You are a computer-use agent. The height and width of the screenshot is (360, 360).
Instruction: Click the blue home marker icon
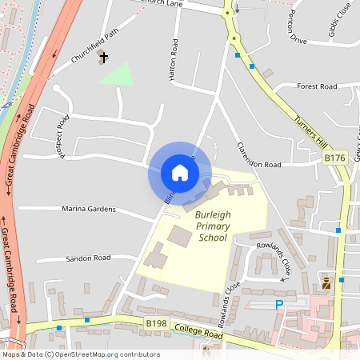(x=180, y=173)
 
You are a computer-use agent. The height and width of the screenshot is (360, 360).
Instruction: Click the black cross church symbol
(x=104, y=58)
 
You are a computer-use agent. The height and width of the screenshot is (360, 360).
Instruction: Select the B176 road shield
(x=334, y=158)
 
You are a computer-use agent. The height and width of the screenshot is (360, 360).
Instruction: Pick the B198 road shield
(x=156, y=322)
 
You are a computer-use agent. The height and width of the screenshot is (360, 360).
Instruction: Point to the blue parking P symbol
(x=279, y=305)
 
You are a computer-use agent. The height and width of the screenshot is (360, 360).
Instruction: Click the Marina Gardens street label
(x=89, y=210)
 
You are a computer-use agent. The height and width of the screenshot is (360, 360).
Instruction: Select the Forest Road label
(x=317, y=86)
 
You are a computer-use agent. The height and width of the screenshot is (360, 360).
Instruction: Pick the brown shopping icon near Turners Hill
(x=326, y=283)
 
